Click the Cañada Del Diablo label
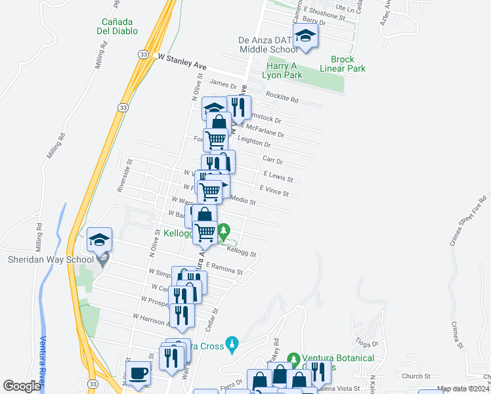pyautogui.click(x=116, y=25)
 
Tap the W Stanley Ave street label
pyautogui.click(x=182, y=62)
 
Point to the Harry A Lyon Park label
pyautogui.click(x=284, y=70)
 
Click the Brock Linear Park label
pyautogui.click(x=342, y=63)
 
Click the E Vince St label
pyautogui.click(x=274, y=191)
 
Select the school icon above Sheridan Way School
pyautogui.click(x=99, y=240)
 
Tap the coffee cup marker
pyautogui.click(x=138, y=374)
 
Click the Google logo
pyautogui.click(x=22, y=386)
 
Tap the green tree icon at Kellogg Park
pyautogui.click(x=224, y=230)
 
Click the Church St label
pyautogui.click(x=416, y=376)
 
